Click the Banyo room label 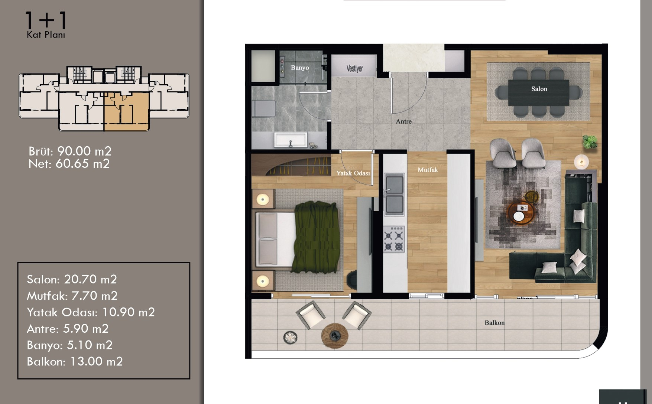[300, 68]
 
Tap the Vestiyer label [354, 68]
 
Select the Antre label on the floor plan [403, 121]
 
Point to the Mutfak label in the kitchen [428, 170]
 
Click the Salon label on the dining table [539, 89]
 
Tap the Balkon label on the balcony [494, 323]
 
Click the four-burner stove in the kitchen [394, 239]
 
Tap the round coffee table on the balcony [335, 336]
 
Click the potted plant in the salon [589, 141]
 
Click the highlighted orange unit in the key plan [126, 111]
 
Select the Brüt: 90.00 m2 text [70, 151]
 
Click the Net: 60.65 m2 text [69, 164]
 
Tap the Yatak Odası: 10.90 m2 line [91, 312]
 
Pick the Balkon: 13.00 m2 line [75, 362]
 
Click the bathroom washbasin [291, 140]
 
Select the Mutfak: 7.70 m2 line [72, 296]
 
